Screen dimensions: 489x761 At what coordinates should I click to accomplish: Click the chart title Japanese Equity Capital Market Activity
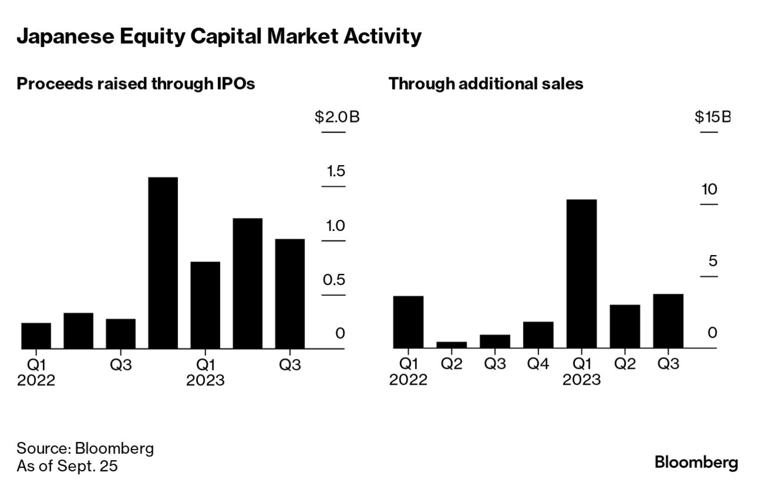[219, 37]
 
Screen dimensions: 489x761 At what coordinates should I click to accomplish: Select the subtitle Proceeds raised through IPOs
[135, 84]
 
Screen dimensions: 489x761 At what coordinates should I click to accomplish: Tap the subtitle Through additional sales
[485, 84]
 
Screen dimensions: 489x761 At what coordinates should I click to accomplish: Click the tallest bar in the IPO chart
[163, 263]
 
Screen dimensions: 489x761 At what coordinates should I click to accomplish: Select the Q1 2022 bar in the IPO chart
[36, 336]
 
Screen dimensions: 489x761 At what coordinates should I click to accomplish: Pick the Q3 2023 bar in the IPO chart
[290, 293]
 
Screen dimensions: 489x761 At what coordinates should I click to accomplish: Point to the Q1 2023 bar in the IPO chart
[205, 305]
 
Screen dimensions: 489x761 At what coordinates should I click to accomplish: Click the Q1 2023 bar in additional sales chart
[581, 274]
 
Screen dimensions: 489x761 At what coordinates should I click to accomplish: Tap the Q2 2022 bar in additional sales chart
[452, 345]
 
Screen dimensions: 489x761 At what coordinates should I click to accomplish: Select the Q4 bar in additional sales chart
[538, 335]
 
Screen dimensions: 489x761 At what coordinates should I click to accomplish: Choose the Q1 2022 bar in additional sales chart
[408, 322]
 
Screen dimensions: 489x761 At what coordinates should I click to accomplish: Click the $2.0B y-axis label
[337, 117]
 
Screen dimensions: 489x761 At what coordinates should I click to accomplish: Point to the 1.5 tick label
[336, 171]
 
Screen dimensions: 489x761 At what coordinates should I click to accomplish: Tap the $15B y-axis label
[712, 117]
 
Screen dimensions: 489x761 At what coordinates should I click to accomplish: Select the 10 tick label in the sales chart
[709, 189]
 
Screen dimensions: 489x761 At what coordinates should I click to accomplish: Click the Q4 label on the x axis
[538, 364]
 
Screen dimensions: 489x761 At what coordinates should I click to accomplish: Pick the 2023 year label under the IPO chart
[205, 381]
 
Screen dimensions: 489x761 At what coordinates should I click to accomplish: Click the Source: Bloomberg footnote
[85, 448]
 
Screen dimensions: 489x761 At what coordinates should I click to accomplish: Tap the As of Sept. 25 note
[67, 466]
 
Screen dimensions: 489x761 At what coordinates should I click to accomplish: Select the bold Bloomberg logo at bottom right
[696, 462]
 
